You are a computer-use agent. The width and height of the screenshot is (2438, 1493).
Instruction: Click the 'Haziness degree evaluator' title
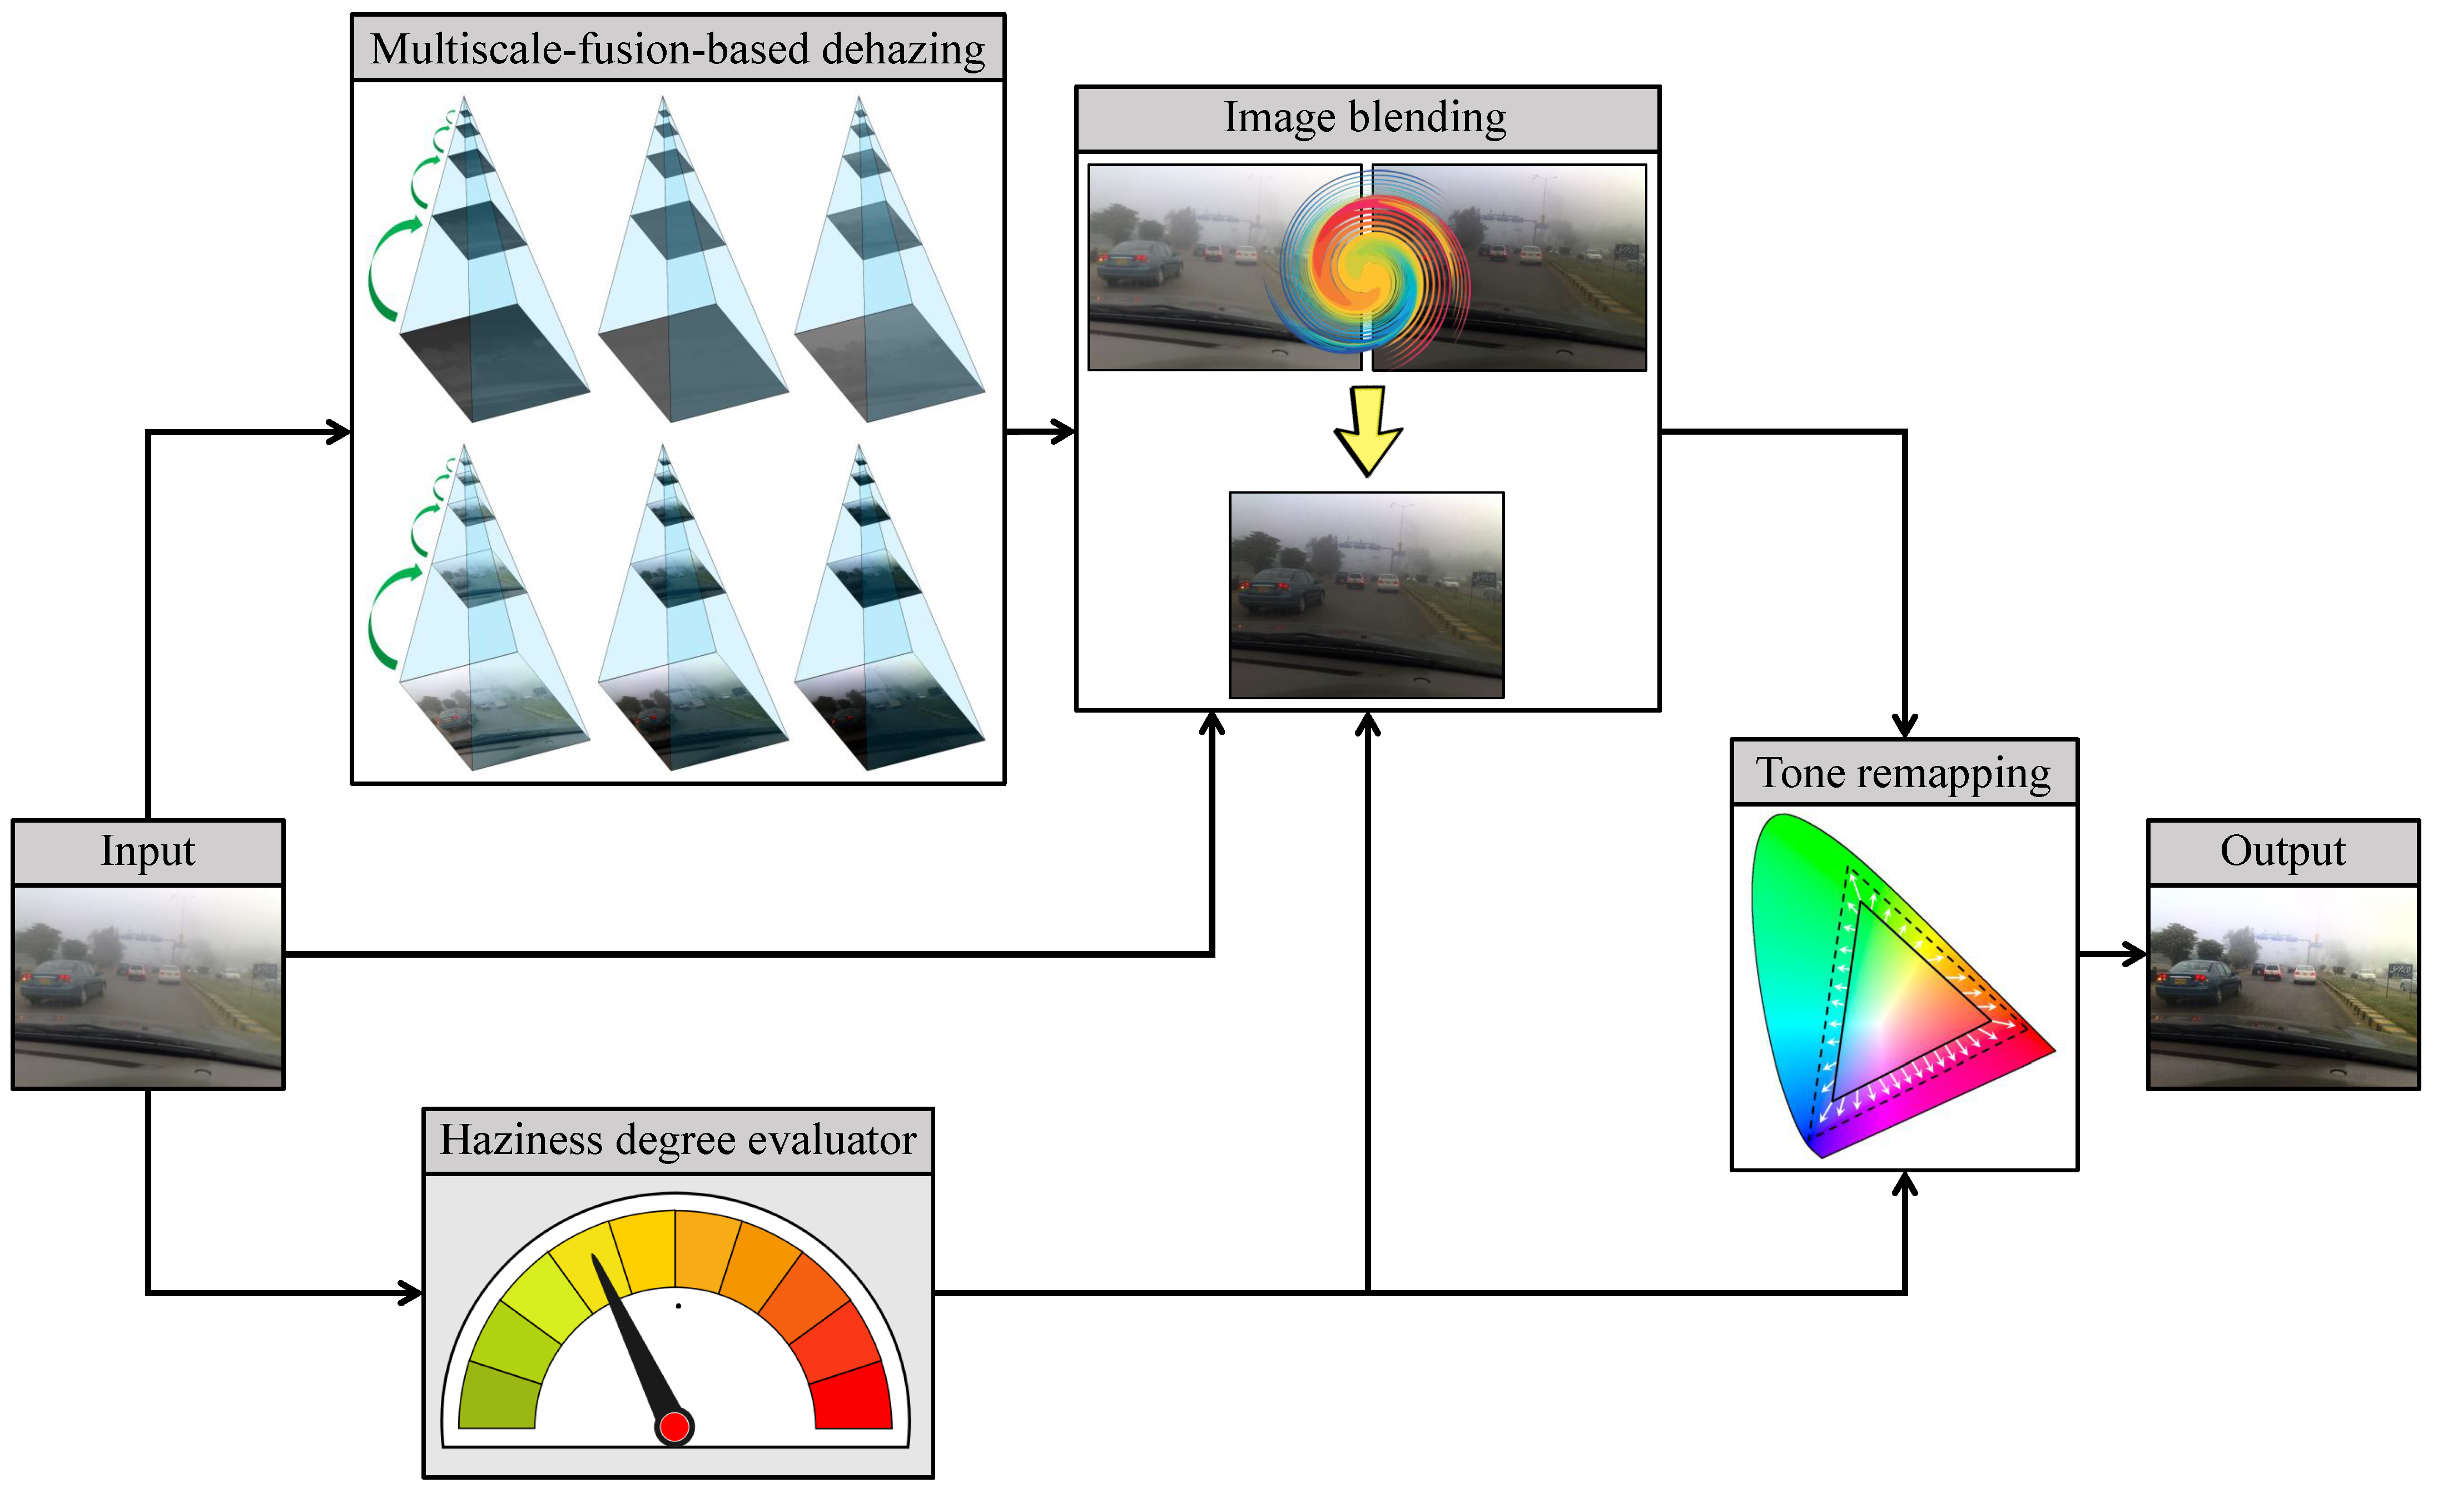point(678,1140)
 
